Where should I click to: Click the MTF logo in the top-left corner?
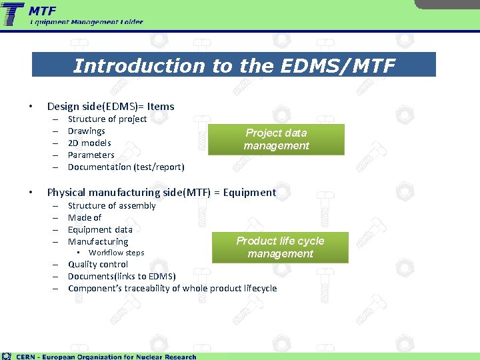click(13, 15)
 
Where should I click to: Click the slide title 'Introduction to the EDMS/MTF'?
click(234, 66)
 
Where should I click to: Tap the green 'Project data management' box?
click(276, 139)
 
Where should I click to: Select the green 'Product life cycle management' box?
click(280, 247)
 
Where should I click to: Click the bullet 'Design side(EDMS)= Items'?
click(111, 106)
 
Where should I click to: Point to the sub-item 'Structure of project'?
click(107, 119)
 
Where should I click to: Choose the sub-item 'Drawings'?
click(87, 131)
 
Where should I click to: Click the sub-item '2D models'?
click(89, 143)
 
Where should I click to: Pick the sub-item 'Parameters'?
click(91, 155)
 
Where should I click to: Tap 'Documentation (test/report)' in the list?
click(126, 167)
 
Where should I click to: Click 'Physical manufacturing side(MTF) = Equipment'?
click(161, 193)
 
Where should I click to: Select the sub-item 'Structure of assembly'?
click(111, 205)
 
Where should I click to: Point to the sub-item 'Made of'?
click(85, 217)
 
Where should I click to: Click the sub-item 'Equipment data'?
click(100, 229)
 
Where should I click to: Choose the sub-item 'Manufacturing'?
click(98, 241)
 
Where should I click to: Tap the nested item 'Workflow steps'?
click(116, 253)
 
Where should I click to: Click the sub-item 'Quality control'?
click(98, 264)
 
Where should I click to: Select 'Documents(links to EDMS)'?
click(122, 276)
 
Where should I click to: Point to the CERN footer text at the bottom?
click(106, 356)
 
